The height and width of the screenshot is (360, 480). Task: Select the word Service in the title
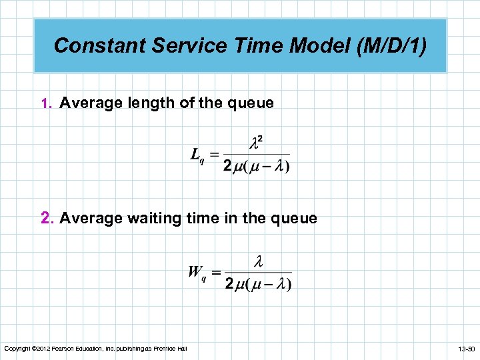pos(178,45)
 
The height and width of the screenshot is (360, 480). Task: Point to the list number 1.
pos(45,104)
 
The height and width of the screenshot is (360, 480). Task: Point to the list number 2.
pos(46,219)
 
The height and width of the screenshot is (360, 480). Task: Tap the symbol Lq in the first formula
pos(197,155)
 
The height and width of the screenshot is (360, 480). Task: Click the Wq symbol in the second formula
pos(197,271)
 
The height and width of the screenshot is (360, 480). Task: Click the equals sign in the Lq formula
pos(215,155)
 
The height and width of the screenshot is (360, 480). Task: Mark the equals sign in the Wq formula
pos(216,272)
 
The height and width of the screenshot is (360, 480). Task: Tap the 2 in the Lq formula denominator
pos(228,167)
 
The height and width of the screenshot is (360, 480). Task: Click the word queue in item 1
pos(250,103)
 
